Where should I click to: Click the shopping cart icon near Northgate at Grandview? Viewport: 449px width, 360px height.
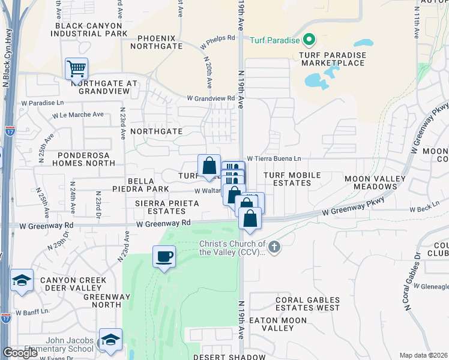click(77, 68)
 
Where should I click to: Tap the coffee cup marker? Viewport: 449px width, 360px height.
click(164, 257)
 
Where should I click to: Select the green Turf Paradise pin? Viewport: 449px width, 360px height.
click(310, 40)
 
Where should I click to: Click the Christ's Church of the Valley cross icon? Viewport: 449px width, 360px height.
click(274, 247)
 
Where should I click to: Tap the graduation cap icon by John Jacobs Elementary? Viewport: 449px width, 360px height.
click(110, 340)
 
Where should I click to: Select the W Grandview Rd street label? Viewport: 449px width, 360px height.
click(211, 98)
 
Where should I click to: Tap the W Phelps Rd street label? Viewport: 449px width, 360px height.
click(218, 38)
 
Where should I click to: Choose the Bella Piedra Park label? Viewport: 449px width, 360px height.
click(140, 184)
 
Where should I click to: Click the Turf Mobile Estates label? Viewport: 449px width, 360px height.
click(292, 179)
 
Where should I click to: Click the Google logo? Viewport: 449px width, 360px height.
click(20, 353)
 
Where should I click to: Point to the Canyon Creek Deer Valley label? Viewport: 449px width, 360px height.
click(73, 284)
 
